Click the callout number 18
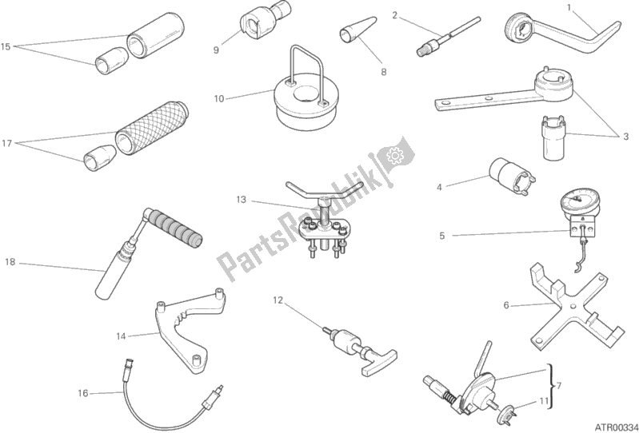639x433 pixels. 10,262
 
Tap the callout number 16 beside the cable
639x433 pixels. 82,393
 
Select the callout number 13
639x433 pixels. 242,200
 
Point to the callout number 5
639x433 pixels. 442,236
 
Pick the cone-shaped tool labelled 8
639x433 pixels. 357,30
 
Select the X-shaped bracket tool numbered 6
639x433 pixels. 574,308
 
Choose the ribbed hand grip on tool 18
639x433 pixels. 174,227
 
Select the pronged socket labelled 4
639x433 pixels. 513,175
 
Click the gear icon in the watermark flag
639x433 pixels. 394,156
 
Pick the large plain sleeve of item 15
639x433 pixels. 155,36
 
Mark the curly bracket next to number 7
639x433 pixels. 551,386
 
